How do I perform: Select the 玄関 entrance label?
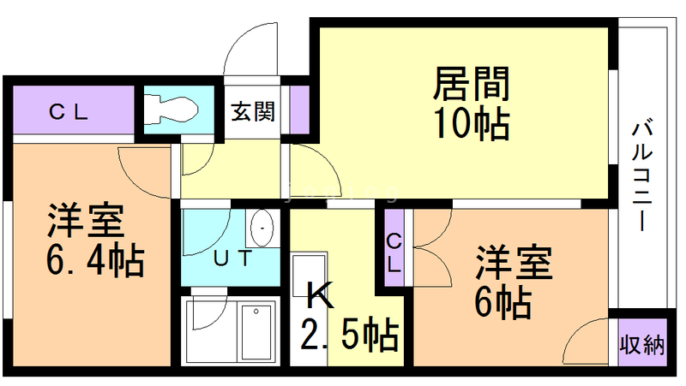click(x=252, y=111)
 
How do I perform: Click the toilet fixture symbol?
click(x=171, y=109)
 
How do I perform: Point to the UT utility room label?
click(x=232, y=257)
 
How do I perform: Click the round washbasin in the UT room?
click(x=262, y=229)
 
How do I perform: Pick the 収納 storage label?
click(x=642, y=346)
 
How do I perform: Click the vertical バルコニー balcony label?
click(x=642, y=175)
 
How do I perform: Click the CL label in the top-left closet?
click(x=68, y=111)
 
